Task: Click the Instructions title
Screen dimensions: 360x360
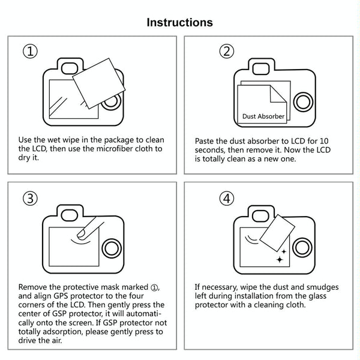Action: tap(179, 23)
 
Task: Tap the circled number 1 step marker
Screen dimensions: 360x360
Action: tap(30, 51)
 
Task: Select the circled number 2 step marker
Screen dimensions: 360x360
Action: tap(227, 51)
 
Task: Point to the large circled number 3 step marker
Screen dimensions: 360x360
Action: tap(30, 199)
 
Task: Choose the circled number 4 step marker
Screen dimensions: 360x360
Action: tap(227, 199)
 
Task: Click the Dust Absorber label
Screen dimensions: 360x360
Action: tap(263, 116)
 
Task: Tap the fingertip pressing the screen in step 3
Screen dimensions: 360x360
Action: tap(82, 234)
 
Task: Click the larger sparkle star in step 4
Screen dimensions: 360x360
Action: tap(280, 260)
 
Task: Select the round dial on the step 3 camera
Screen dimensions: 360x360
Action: tap(112, 248)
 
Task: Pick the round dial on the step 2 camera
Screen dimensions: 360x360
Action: tap(303, 102)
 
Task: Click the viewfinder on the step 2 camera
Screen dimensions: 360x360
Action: tap(261, 69)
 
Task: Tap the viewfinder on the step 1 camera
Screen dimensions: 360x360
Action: tap(70, 68)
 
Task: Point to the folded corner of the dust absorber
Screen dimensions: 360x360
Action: tap(278, 95)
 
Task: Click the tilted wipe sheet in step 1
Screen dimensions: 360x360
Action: tap(99, 83)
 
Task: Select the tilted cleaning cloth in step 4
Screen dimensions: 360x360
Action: tap(277, 233)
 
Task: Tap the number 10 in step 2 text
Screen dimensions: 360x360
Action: tap(324, 141)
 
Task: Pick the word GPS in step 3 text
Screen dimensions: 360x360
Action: tap(61, 296)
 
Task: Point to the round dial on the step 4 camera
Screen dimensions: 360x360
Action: tap(302, 248)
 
